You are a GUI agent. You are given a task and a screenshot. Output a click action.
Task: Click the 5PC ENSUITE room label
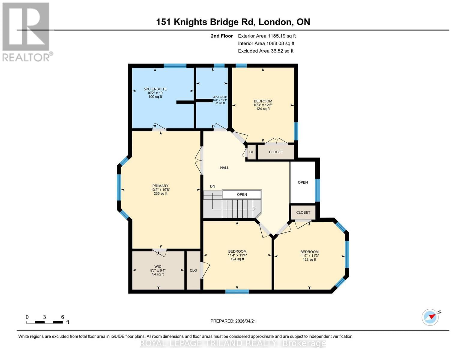click(x=155, y=89)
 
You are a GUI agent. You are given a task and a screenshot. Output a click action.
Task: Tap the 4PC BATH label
click(x=220, y=97)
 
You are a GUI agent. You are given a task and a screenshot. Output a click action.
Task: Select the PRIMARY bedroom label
click(x=160, y=186)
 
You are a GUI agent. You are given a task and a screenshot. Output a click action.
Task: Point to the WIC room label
click(x=158, y=266)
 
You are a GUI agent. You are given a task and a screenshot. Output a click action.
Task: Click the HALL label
click(x=224, y=168)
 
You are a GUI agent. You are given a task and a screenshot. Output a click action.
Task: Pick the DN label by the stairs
click(x=212, y=186)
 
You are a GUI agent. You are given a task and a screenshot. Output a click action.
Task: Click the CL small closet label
click(x=251, y=152)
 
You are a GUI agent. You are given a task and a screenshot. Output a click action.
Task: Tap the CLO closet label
click(x=193, y=271)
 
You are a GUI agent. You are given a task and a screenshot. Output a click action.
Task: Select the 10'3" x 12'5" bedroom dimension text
click(x=263, y=105)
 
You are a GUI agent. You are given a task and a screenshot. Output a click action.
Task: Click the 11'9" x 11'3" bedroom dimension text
click(x=309, y=256)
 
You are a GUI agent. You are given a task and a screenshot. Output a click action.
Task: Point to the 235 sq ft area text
click(x=160, y=194)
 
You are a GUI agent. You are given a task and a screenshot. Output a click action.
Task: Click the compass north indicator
click(x=431, y=317)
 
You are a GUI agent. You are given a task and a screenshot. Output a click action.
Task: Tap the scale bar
click(x=44, y=322)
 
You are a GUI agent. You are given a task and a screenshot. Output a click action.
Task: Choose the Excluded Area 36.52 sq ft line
click(x=266, y=51)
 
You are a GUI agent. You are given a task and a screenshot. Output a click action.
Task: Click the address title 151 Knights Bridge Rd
click(x=233, y=22)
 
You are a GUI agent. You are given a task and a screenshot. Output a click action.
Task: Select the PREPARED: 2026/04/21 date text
click(x=233, y=321)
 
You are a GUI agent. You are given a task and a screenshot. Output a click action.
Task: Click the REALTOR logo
click(x=26, y=31)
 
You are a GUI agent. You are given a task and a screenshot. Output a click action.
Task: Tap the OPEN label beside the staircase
click(x=242, y=195)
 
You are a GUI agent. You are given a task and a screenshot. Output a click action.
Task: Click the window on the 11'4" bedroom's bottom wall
click(x=237, y=291)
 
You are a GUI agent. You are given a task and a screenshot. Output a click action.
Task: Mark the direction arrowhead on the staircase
click(x=254, y=209)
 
